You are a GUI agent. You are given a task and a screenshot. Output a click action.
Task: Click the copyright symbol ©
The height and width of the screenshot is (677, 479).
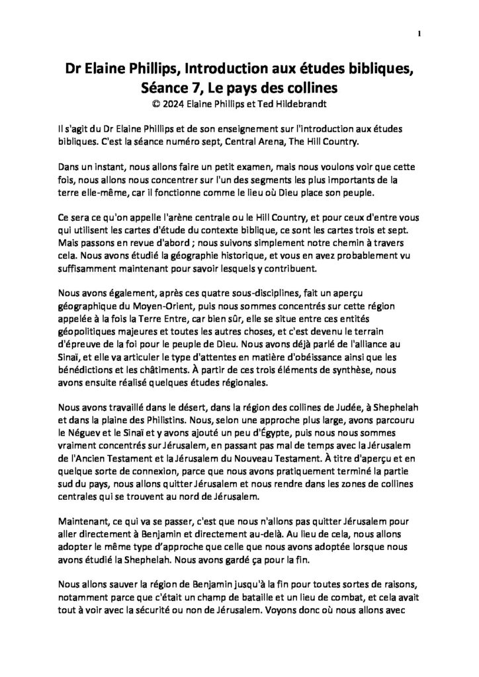pos(155,103)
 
